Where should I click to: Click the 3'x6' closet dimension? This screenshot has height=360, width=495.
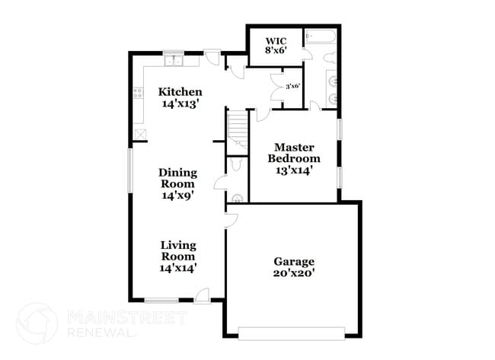pos(292,86)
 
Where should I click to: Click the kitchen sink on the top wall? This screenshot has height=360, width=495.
pos(173,59)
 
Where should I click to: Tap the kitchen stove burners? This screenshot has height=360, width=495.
pos(139,94)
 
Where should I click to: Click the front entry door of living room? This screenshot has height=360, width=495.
pos(203,296)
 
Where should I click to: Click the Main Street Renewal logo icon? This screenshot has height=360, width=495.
pos(37,322)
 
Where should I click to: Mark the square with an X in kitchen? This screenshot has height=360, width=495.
pos(140,134)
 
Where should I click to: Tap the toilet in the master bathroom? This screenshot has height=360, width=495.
pos(330,56)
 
